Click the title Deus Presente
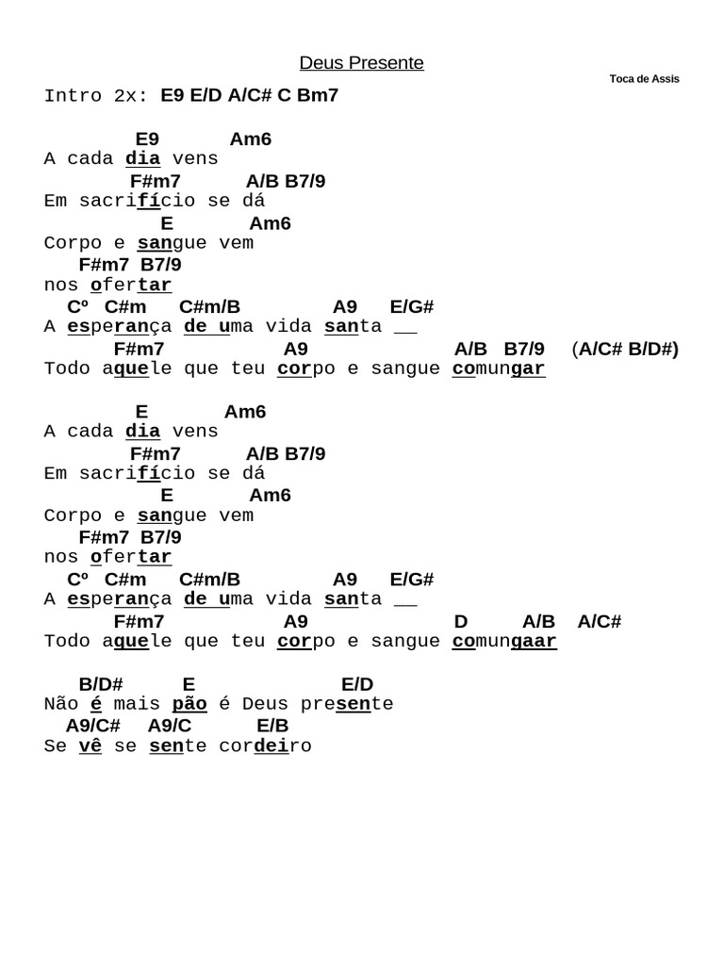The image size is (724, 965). click(361, 63)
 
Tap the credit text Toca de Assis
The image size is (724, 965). click(644, 79)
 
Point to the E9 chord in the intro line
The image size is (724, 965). click(174, 95)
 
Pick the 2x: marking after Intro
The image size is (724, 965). click(131, 96)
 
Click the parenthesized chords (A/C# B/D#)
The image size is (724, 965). click(624, 349)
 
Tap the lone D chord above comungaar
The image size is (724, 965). click(461, 621)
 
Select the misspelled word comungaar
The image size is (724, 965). click(504, 642)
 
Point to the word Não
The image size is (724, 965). click(61, 704)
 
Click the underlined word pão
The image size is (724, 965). click(189, 704)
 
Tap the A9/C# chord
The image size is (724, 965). click(93, 726)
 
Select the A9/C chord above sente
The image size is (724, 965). click(170, 726)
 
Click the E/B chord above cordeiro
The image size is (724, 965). click(272, 726)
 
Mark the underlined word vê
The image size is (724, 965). click(90, 746)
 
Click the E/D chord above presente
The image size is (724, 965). click(357, 684)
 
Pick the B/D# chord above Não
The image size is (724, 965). click(101, 684)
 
